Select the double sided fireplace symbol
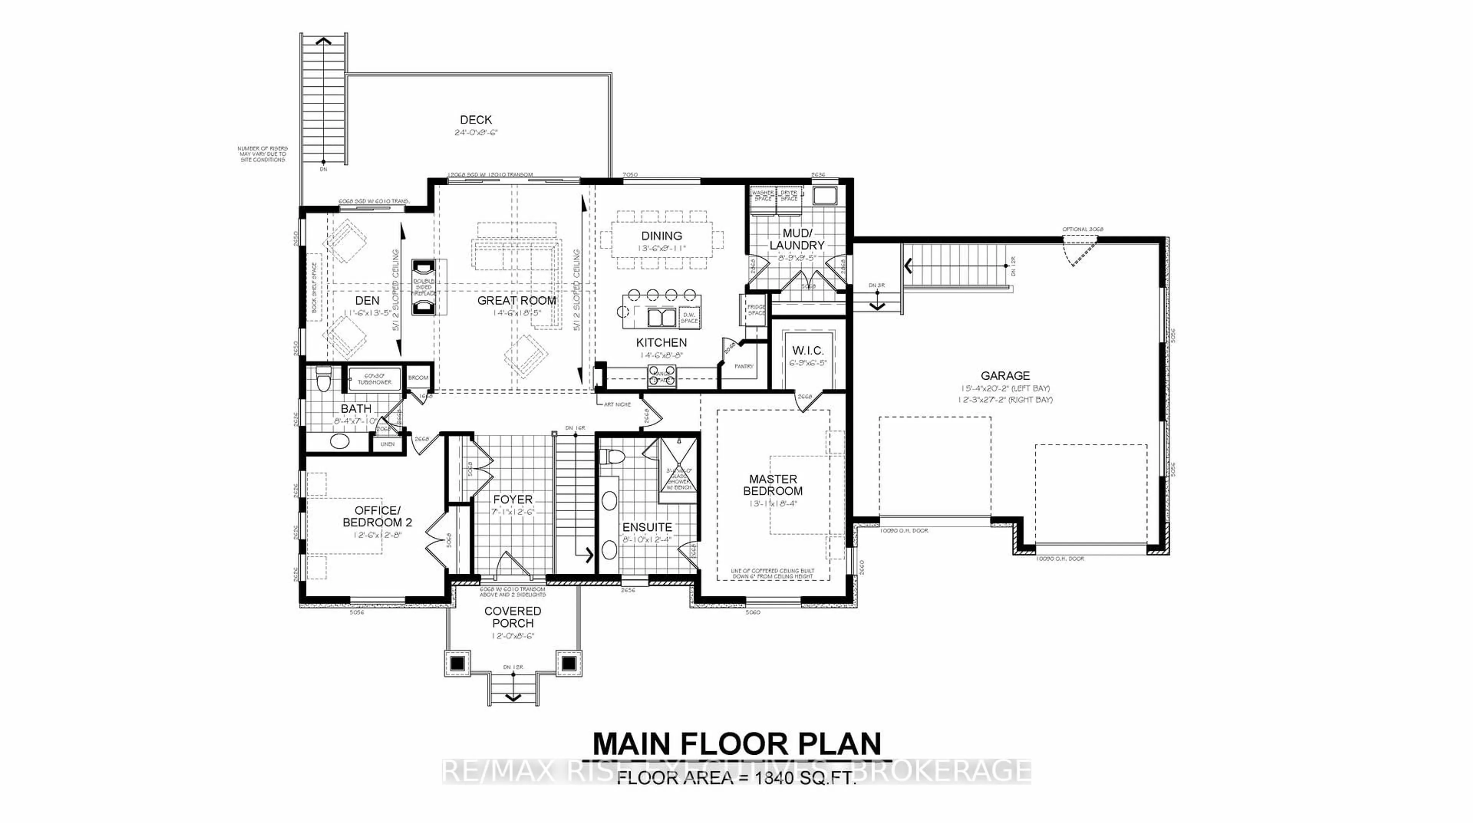[424, 287]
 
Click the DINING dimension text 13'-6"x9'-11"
[662, 249]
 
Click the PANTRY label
[743, 366]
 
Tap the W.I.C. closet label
[807, 351]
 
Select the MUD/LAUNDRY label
[797, 239]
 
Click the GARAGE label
[1005, 375]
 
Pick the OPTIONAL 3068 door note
[1083, 229]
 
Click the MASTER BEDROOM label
[773, 485]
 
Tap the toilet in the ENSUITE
[613, 457]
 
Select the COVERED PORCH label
[512, 617]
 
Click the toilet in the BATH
[324, 379]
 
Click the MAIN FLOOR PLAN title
[736, 744]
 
